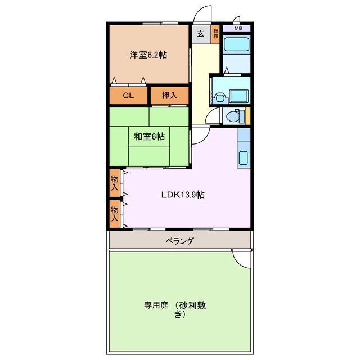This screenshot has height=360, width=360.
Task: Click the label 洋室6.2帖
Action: [148, 55]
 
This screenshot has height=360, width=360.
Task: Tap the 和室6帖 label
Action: [149, 136]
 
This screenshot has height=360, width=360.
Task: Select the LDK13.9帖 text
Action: [183, 195]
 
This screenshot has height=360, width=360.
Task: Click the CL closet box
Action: [129, 96]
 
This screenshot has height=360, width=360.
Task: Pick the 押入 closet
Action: [169, 96]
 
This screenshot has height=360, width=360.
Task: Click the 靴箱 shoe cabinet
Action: [215, 34]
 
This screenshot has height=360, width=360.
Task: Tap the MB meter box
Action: [238, 28]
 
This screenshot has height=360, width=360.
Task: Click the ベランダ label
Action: [180, 241]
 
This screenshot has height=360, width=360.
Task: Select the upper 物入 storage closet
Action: [115, 182]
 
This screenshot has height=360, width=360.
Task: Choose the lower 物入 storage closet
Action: [115, 213]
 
